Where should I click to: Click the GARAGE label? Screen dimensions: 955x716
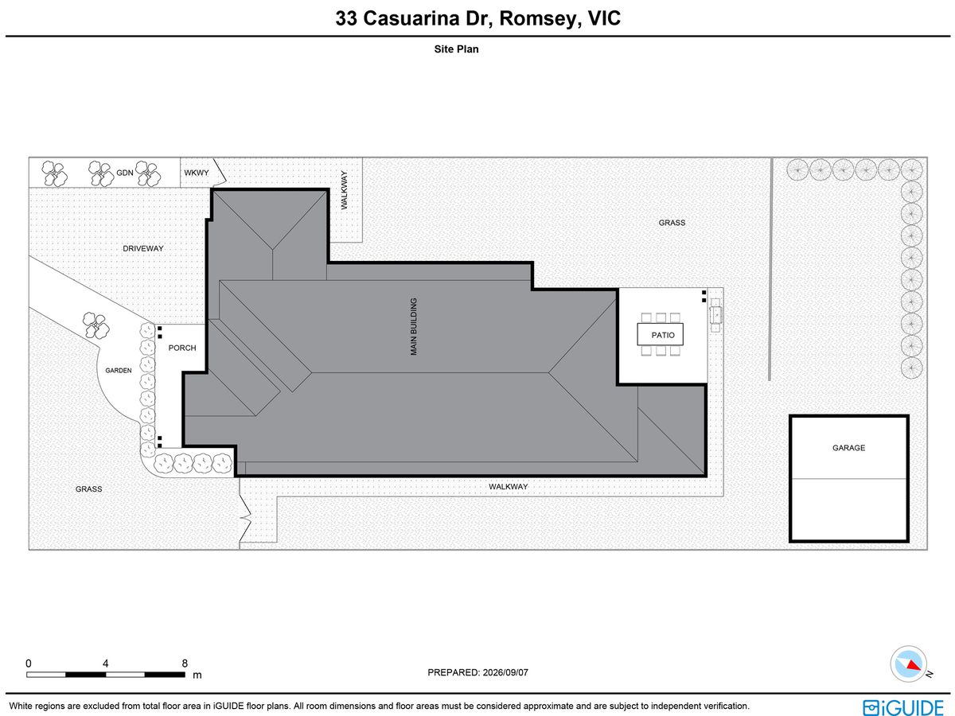click(x=848, y=448)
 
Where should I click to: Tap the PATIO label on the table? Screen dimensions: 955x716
click(x=663, y=335)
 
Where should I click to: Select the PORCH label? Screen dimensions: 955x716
click(x=182, y=348)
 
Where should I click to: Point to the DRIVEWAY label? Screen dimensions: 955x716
click(x=143, y=249)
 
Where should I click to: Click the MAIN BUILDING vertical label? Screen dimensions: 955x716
click(x=414, y=326)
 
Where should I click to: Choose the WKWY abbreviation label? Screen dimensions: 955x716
click(x=197, y=173)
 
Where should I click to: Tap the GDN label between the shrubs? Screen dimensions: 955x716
click(x=125, y=173)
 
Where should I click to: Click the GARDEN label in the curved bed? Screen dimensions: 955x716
click(x=119, y=371)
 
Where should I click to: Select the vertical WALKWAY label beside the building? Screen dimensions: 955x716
click(x=344, y=190)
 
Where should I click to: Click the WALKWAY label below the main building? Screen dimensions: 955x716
click(x=509, y=486)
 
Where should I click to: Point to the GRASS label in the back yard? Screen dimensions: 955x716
click(x=672, y=223)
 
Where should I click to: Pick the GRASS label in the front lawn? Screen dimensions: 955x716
click(x=89, y=489)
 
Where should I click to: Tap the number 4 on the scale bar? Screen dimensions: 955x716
click(x=105, y=663)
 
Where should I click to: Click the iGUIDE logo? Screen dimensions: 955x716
click(x=903, y=707)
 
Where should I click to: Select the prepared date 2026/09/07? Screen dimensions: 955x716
click(x=505, y=672)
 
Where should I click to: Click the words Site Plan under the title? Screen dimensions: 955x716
click(x=456, y=49)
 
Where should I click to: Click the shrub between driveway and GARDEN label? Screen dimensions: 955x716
click(x=95, y=325)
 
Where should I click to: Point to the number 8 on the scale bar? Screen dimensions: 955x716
click(x=185, y=663)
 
